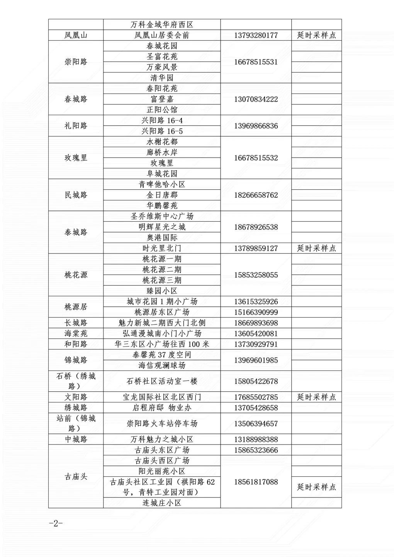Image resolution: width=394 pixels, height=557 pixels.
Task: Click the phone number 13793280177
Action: coord(256,36)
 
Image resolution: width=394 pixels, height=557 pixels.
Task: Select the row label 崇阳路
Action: coord(76,62)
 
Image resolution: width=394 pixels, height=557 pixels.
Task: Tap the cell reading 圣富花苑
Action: coord(162,57)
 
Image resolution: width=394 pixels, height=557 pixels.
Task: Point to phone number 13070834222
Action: coord(256,99)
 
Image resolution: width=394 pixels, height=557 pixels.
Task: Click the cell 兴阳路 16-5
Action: coord(162,131)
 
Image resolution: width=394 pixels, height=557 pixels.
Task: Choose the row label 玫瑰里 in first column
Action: coord(76,158)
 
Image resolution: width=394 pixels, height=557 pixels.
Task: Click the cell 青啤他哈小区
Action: coord(162,185)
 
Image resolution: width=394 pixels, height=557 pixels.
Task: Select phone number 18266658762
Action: coord(256,195)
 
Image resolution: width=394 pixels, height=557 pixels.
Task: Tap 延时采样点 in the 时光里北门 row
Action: coord(316,248)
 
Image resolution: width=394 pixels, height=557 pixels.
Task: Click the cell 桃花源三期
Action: coord(162,280)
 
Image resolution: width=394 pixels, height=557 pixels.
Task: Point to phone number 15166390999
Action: coord(256,312)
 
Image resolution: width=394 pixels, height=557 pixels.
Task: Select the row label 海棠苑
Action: coord(76,333)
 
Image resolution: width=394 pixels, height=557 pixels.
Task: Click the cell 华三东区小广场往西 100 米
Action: coord(162,344)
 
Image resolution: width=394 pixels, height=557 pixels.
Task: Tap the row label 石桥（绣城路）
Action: coord(76,381)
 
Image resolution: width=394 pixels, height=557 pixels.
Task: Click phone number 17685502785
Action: coord(256,397)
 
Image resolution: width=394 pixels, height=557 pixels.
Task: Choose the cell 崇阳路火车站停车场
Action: coord(162,424)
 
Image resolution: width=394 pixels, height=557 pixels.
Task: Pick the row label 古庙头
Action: coord(76,477)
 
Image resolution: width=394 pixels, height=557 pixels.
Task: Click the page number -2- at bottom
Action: coord(56,524)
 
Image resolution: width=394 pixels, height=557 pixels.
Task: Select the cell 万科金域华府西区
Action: coord(162,25)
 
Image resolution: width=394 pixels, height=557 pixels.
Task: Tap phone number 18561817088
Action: coord(256,482)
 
